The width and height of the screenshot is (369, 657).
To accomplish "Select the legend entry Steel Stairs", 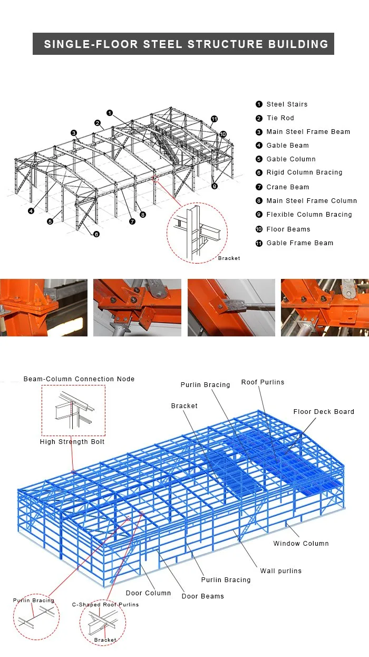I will tap(286, 104).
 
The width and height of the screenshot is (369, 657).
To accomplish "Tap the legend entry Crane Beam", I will tap(287, 187).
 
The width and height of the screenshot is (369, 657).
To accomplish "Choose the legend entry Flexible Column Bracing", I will tap(308, 215).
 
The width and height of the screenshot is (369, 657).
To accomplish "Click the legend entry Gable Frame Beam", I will tap(299, 243).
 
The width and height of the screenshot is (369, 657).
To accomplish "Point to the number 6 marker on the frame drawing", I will tap(96, 234).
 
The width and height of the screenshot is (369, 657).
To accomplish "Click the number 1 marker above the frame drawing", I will tap(110, 113).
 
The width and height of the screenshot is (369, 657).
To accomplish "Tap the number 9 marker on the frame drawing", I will tap(215, 186).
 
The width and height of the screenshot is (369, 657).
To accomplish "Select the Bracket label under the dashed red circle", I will tap(229, 258).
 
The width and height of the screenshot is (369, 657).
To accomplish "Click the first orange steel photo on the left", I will tap(44, 307).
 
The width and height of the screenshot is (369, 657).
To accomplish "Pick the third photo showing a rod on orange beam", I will tap(231, 307).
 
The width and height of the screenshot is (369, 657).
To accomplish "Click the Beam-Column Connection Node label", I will tap(79, 379).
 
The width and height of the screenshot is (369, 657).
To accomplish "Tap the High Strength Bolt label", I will tap(72, 442).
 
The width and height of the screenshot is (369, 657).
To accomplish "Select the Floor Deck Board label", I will tap(324, 412).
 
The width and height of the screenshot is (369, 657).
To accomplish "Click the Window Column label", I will tap(300, 544).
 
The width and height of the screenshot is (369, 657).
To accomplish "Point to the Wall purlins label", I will tap(280, 571).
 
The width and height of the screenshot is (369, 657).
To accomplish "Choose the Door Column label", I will tap(148, 593).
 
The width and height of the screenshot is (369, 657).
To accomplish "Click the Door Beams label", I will tap(202, 596).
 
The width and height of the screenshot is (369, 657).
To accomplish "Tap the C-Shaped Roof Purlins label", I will tap(105, 605).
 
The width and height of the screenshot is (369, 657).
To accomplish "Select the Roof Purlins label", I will tap(263, 382).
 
